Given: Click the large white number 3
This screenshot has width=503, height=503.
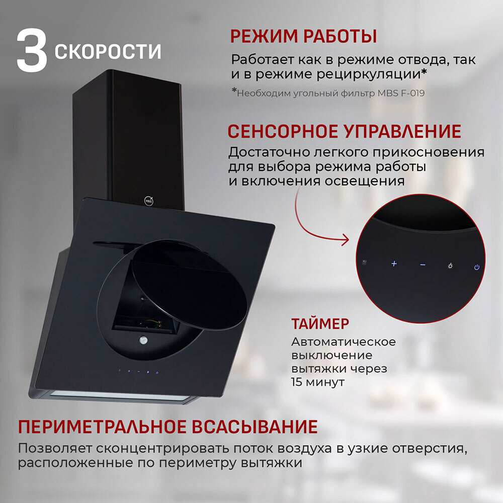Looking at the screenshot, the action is pyautogui.click(x=32, y=50).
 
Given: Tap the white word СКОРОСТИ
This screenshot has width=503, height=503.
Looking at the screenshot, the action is pyautogui.click(x=108, y=52).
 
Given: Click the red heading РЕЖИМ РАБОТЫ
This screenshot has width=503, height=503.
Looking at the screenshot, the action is pyautogui.click(x=303, y=36).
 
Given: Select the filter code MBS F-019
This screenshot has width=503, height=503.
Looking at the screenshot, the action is pyautogui.click(x=401, y=93).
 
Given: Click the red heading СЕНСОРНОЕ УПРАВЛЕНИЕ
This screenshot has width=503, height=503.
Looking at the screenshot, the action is pyautogui.click(x=344, y=131).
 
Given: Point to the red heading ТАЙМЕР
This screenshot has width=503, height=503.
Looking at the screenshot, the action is pyautogui.click(x=320, y=323).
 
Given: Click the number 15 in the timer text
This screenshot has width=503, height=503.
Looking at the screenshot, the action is pyautogui.click(x=297, y=382).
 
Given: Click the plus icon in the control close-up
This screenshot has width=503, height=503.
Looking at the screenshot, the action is pyautogui.click(x=394, y=264).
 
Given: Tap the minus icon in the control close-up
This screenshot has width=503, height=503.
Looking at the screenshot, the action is pyautogui.click(x=423, y=265).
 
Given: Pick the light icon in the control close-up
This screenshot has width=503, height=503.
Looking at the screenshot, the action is pyautogui.click(x=450, y=266).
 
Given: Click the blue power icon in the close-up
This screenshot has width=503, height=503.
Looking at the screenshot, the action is pyautogui.click(x=477, y=267).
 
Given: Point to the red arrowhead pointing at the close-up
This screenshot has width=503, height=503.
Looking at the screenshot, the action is pyautogui.click(x=346, y=239).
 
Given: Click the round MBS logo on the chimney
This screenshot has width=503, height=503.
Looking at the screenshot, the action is pyautogui.click(x=148, y=201).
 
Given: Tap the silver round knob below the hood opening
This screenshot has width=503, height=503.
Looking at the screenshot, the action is pyautogui.click(x=143, y=340).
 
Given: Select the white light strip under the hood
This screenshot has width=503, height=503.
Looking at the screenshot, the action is pyautogui.click(x=119, y=395).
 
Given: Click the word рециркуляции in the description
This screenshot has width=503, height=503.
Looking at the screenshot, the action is pyautogui.click(x=369, y=74).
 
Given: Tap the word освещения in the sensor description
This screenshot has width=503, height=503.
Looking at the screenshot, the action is pyautogui.click(x=365, y=182).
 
